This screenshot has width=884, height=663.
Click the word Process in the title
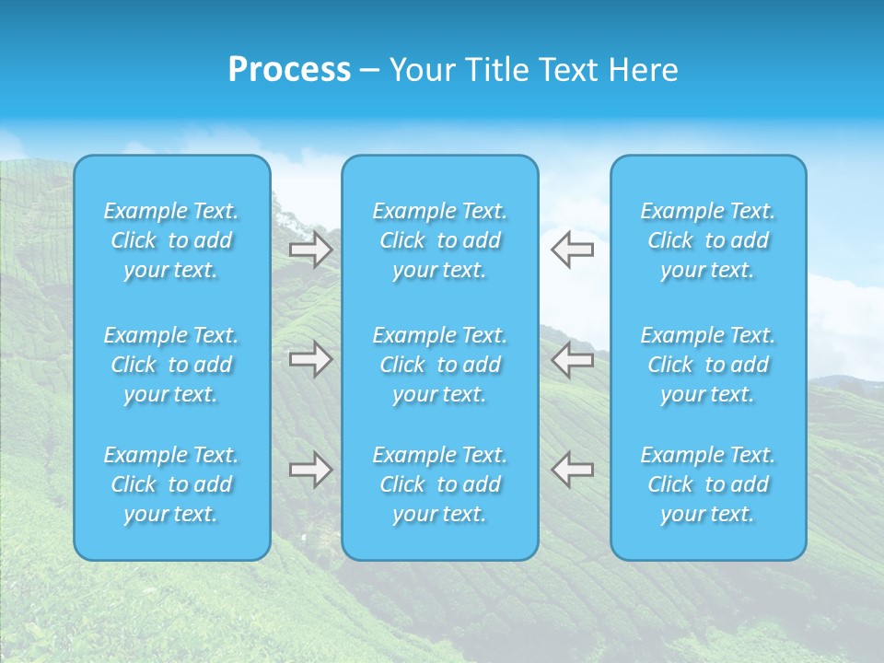[x=289, y=70]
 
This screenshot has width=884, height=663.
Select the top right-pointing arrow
[x=310, y=250]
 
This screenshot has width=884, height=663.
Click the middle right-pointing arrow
[x=310, y=359]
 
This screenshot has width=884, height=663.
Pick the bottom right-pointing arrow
[x=310, y=470]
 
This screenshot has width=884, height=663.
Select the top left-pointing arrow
[x=573, y=250]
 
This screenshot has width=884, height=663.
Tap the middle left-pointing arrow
[x=573, y=359]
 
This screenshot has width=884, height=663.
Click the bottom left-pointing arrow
[x=573, y=470]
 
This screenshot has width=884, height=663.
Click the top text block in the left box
[x=171, y=240]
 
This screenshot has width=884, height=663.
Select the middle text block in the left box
[x=171, y=365]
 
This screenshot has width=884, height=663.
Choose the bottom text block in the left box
[x=171, y=484]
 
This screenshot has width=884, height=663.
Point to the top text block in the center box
[x=440, y=240]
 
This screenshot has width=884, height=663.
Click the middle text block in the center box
[x=440, y=365]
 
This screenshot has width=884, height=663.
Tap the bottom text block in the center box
[x=440, y=484]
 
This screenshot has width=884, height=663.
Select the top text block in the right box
[x=708, y=240]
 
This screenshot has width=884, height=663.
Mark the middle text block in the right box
[x=708, y=365]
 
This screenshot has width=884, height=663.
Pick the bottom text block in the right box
[x=708, y=484]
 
